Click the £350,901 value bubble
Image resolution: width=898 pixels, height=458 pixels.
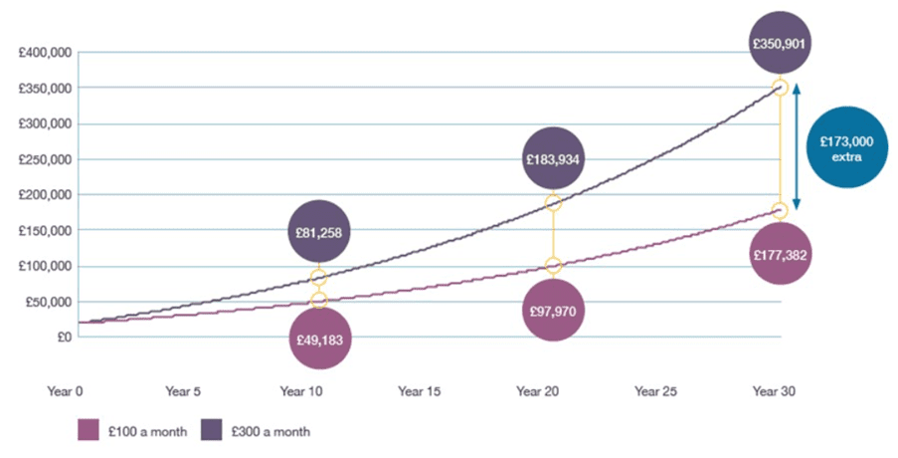(780, 43)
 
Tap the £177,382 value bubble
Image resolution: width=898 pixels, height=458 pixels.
(780, 254)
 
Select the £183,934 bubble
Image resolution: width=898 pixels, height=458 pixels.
(553, 158)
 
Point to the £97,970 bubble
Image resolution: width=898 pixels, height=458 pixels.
(553, 311)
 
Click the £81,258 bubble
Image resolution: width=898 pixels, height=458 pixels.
(319, 232)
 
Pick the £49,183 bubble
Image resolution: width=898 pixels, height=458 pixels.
(319, 339)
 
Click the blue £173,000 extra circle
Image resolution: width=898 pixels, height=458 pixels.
(847, 148)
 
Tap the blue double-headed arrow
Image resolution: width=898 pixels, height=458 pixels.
(796, 146)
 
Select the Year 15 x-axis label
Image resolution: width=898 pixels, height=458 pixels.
(420, 391)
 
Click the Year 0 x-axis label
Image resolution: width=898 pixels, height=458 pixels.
(66, 391)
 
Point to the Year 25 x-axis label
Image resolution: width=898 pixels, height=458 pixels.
(655, 391)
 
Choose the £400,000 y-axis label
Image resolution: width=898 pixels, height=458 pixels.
(45, 53)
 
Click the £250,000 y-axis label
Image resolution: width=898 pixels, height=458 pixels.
(45, 159)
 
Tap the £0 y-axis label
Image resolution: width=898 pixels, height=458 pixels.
(64, 338)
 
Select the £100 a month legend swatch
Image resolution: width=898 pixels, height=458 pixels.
(89, 430)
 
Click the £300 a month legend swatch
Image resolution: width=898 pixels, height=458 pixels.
(212, 430)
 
